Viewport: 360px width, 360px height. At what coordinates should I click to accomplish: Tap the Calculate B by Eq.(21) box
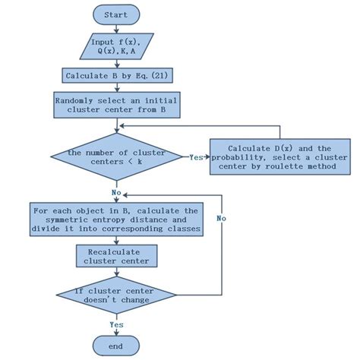coord(116,75)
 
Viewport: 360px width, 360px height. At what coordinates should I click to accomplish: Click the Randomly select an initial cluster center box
coord(116,105)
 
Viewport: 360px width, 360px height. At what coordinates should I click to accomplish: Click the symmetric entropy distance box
coord(116,219)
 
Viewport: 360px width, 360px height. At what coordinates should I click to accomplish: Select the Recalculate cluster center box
coord(116,257)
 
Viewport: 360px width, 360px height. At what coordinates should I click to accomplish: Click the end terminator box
coord(116,346)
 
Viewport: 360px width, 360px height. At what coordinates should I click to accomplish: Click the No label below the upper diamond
coord(116,183)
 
